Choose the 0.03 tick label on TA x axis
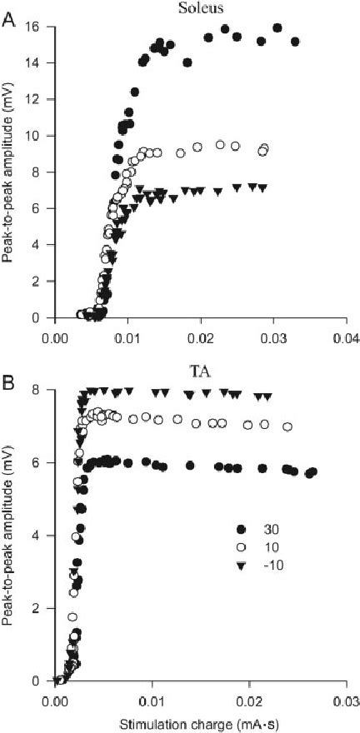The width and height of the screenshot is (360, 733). (345, 698)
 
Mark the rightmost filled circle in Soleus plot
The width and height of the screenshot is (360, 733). (295, 42)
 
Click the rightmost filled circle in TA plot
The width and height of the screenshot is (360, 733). (312, 471)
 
